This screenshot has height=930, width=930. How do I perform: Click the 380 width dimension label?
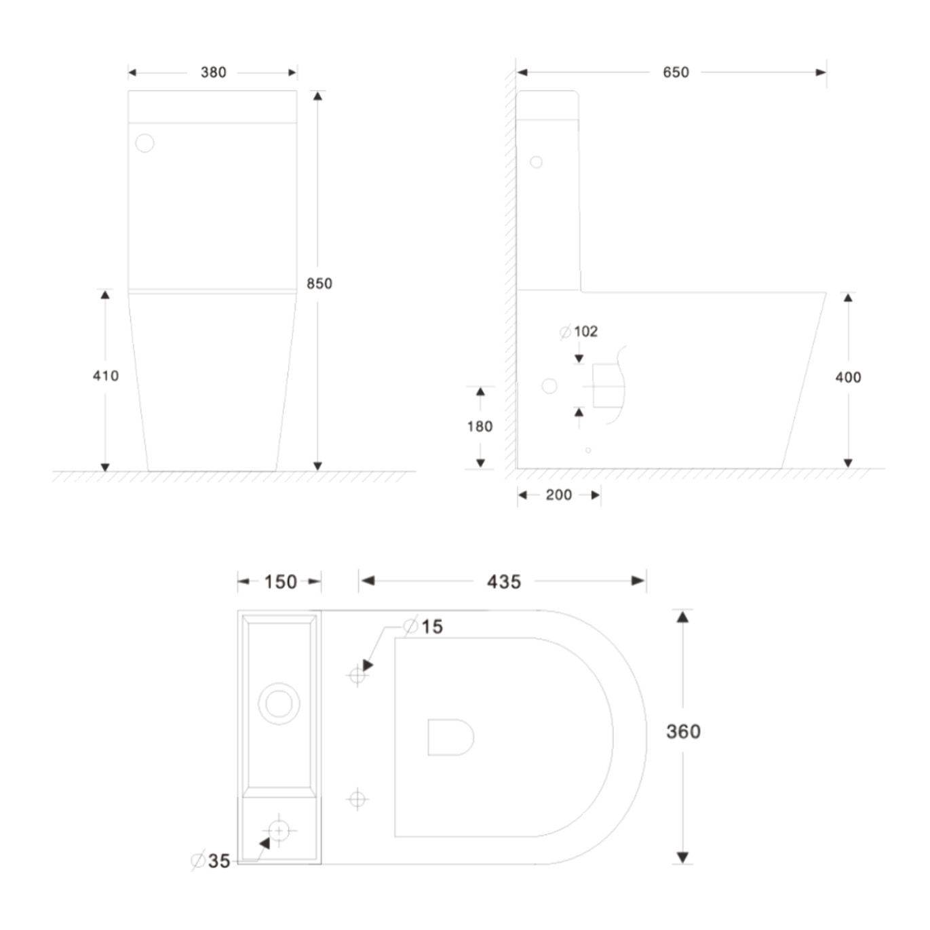pyautogui.click(x=213, y=73)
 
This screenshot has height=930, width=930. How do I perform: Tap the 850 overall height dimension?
pyautogui.click(x=319, y=284)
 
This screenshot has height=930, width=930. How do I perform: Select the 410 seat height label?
pyautogui.click(x=106, y=376)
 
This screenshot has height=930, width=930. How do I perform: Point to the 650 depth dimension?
pyautogui.click(x=676, y=73)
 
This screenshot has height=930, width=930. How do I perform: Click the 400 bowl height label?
pyautogui.click(x=848, y=377)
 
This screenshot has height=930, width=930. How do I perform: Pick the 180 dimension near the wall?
pyautogui.click(x=480, y=426)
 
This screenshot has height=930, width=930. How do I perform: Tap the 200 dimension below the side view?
pyautogui.click(x=559, y=495)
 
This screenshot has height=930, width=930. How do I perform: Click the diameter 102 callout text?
pyautogui.click(x=579, y=332)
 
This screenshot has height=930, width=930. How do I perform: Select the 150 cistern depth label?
pyautogui.click(x=280, y=581)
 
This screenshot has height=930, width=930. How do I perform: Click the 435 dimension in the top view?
pyautogui.click(x=504, y=581)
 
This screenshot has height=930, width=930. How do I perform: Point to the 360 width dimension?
pyautogui.click(x=683, y=732)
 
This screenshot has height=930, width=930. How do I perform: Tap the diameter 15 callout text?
pyautogui.click(x=423, y=626)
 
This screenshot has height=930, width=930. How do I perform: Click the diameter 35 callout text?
pyautogui.click(x=211, y=861)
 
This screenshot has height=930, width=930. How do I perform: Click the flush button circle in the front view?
pyautogui.click(x=144, y=143)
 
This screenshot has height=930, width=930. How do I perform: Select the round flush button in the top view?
pyautogui.click(x=279, y=703)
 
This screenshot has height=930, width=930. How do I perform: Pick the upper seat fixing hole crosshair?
pyautogui.click(x=357, y=675)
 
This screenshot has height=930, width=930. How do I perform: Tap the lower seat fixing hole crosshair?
pyautogui.click(x=357, y=800)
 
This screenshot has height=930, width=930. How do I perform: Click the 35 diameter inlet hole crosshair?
pyautogui.click(x=279, y=831)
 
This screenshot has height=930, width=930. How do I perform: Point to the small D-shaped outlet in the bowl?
pyautogui.click(x=450, y=737)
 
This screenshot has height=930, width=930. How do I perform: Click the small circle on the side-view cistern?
pyautogui.click(x=536, y=162)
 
